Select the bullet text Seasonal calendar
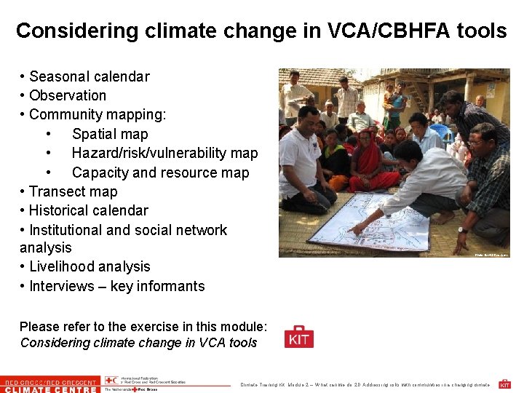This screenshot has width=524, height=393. pos(90,76)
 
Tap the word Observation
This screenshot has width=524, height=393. pos(68,95)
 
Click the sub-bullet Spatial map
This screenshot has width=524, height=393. pos(110,134)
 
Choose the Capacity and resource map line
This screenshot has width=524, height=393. pos(160,172)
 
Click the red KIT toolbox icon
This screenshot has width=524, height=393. pos(299,337)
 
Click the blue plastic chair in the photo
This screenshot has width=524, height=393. pos(442,131)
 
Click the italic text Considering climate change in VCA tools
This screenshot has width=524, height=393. pos(138,343)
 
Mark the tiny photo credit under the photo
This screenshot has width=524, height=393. pos(492,255)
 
